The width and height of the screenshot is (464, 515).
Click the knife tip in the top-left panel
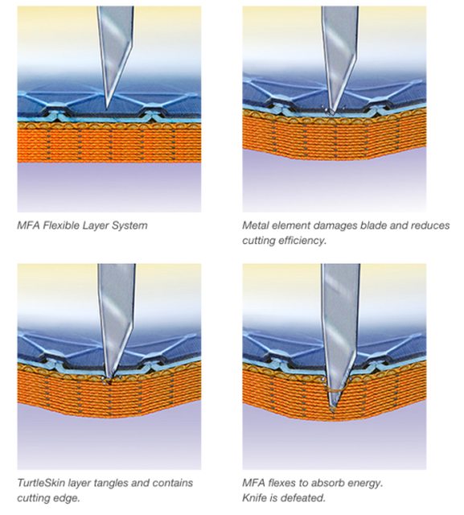tap(106, 108)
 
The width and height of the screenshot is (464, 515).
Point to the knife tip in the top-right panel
tap(331, 113)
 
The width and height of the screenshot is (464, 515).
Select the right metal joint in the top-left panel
tap(150, 115)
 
